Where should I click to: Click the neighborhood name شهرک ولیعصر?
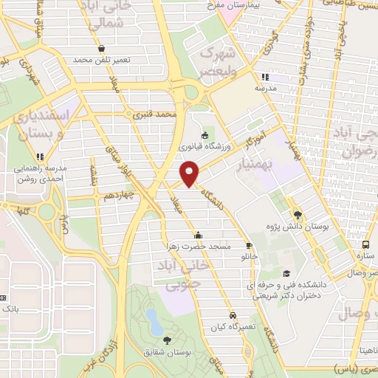click(x=219, y=62)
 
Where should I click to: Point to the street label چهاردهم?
click(x=117, y=196)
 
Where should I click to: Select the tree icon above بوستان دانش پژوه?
click(x=298, y=213)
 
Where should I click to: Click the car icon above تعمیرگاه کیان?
click(x=233, y=314)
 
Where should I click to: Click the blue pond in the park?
click(x=153, y=320)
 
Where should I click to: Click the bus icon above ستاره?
click(x=365, y=245)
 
